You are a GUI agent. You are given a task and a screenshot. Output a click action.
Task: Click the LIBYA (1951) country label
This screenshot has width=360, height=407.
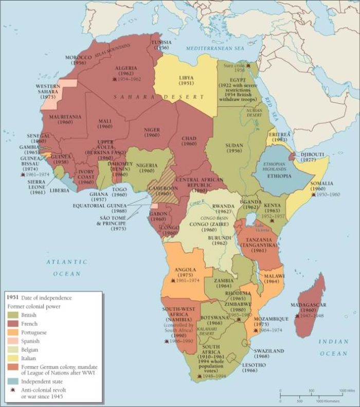click(x=186, y=81)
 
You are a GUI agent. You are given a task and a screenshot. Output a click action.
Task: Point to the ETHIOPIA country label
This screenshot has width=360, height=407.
click(x=279, y=176)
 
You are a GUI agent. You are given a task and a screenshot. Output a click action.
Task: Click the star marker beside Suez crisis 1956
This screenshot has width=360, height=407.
click(x=249, y=65)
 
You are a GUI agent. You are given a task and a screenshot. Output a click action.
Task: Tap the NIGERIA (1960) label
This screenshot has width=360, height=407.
click(x=138, y=168)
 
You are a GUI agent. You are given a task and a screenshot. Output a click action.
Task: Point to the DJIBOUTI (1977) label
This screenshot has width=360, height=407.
click(x=313, y=157)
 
